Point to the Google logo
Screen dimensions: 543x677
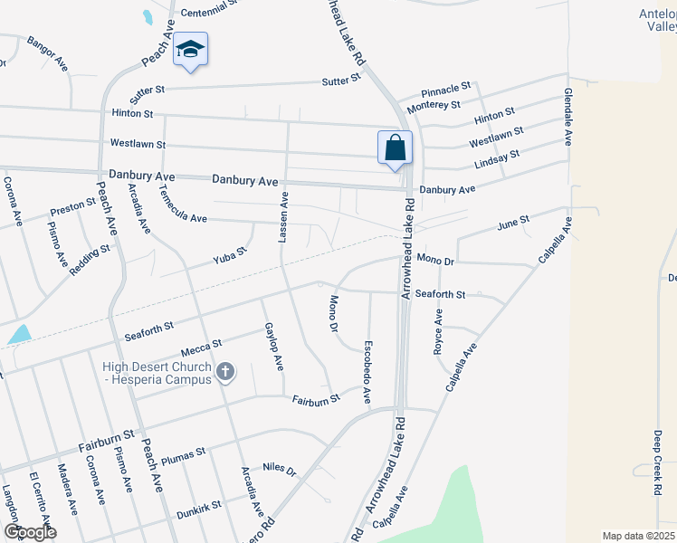(x=30, y=531)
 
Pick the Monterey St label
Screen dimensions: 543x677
(x=434, y=106)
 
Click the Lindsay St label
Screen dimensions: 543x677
(x=497, y=159)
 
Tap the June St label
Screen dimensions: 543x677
(x=512, y=224)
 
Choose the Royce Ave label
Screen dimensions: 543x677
(x=439, y=330)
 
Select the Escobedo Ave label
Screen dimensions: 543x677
(x=367, y=371)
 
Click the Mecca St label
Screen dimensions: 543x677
(x=203, y=346)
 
